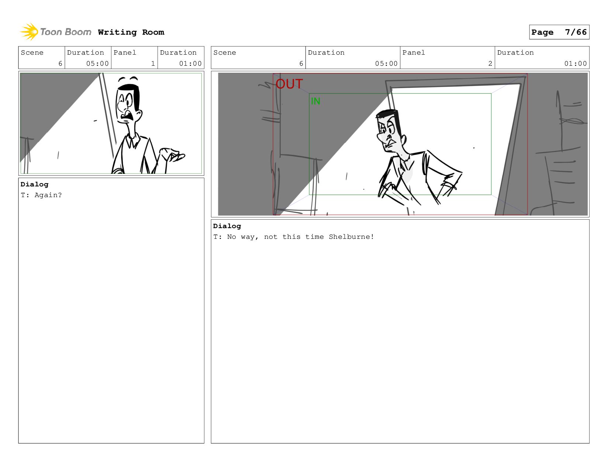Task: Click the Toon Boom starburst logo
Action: (x=29, y=32)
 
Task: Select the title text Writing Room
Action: (x=131, y=32)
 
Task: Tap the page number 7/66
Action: (x=576, y=32)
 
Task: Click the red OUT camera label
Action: (x=289, y=84)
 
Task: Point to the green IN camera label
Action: (x=315, y=101)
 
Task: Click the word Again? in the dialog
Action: (x=48, y=195)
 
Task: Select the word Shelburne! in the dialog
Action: (x=351, y=237)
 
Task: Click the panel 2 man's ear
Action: (x=404, y=139)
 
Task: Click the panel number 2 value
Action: (x=490, y=63)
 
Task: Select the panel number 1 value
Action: (x=153, y=63)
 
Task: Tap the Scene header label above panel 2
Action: (x=224, y=53)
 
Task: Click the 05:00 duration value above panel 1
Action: (x=97, y=63)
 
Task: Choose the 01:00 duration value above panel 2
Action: (x=575, y=63)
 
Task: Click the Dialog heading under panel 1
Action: (x=34, y=184)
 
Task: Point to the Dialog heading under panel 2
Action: (x=227, y=226)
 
